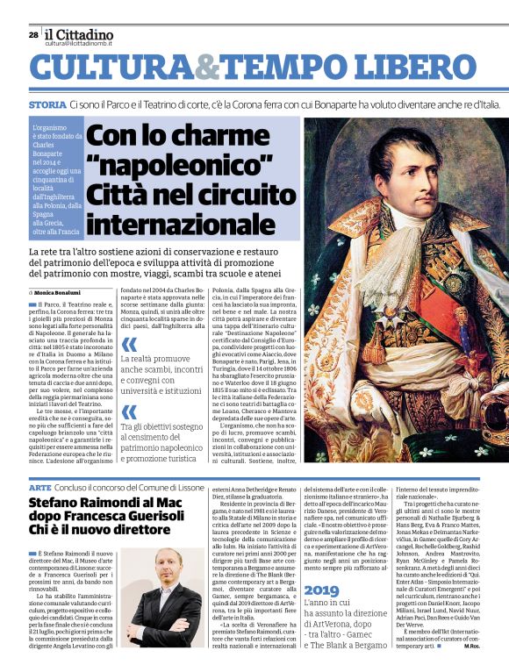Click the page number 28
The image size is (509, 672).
pyautogui.click(x=32, y=36)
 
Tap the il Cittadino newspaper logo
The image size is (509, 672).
pyautogui.click(x=79, y=33)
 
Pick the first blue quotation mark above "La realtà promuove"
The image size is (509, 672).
pyautogui.click(x=129, y=345)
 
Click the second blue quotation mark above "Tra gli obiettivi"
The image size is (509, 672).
pyautogui.click(x=129, y=411)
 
